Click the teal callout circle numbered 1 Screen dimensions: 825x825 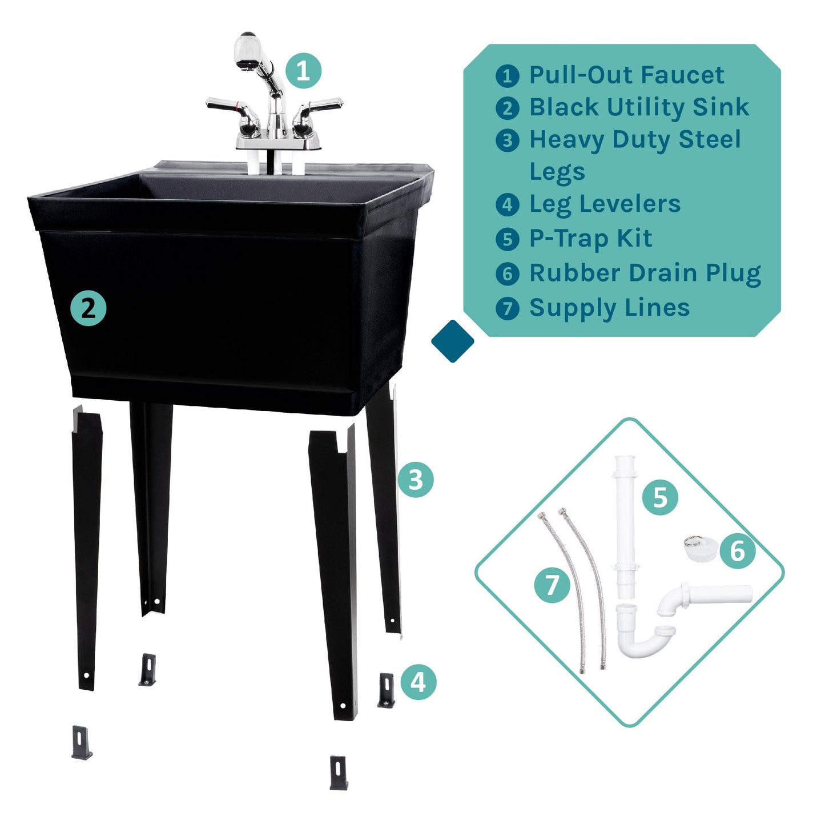[x=303, y=71]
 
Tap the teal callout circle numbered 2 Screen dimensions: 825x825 [x=88, y=308]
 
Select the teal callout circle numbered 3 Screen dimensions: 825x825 [x=416, y=480]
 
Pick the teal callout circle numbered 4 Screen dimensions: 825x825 [x=418, y=682]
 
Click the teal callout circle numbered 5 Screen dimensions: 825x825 [x=660, y=497]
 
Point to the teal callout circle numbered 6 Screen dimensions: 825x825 [x=737, y=552]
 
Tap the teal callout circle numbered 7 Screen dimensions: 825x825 [x=552, y=585]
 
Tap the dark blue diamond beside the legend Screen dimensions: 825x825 [x=452, y=341]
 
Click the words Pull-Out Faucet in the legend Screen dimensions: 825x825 [x=626, y=75]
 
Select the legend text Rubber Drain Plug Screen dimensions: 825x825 [x=645, y=273]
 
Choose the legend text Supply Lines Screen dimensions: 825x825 [x=609, y=308]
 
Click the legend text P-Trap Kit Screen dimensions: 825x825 [x=590, y=239]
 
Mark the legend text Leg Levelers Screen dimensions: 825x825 [x=605, y=204]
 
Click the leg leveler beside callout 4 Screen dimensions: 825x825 [x=387, y=690]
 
